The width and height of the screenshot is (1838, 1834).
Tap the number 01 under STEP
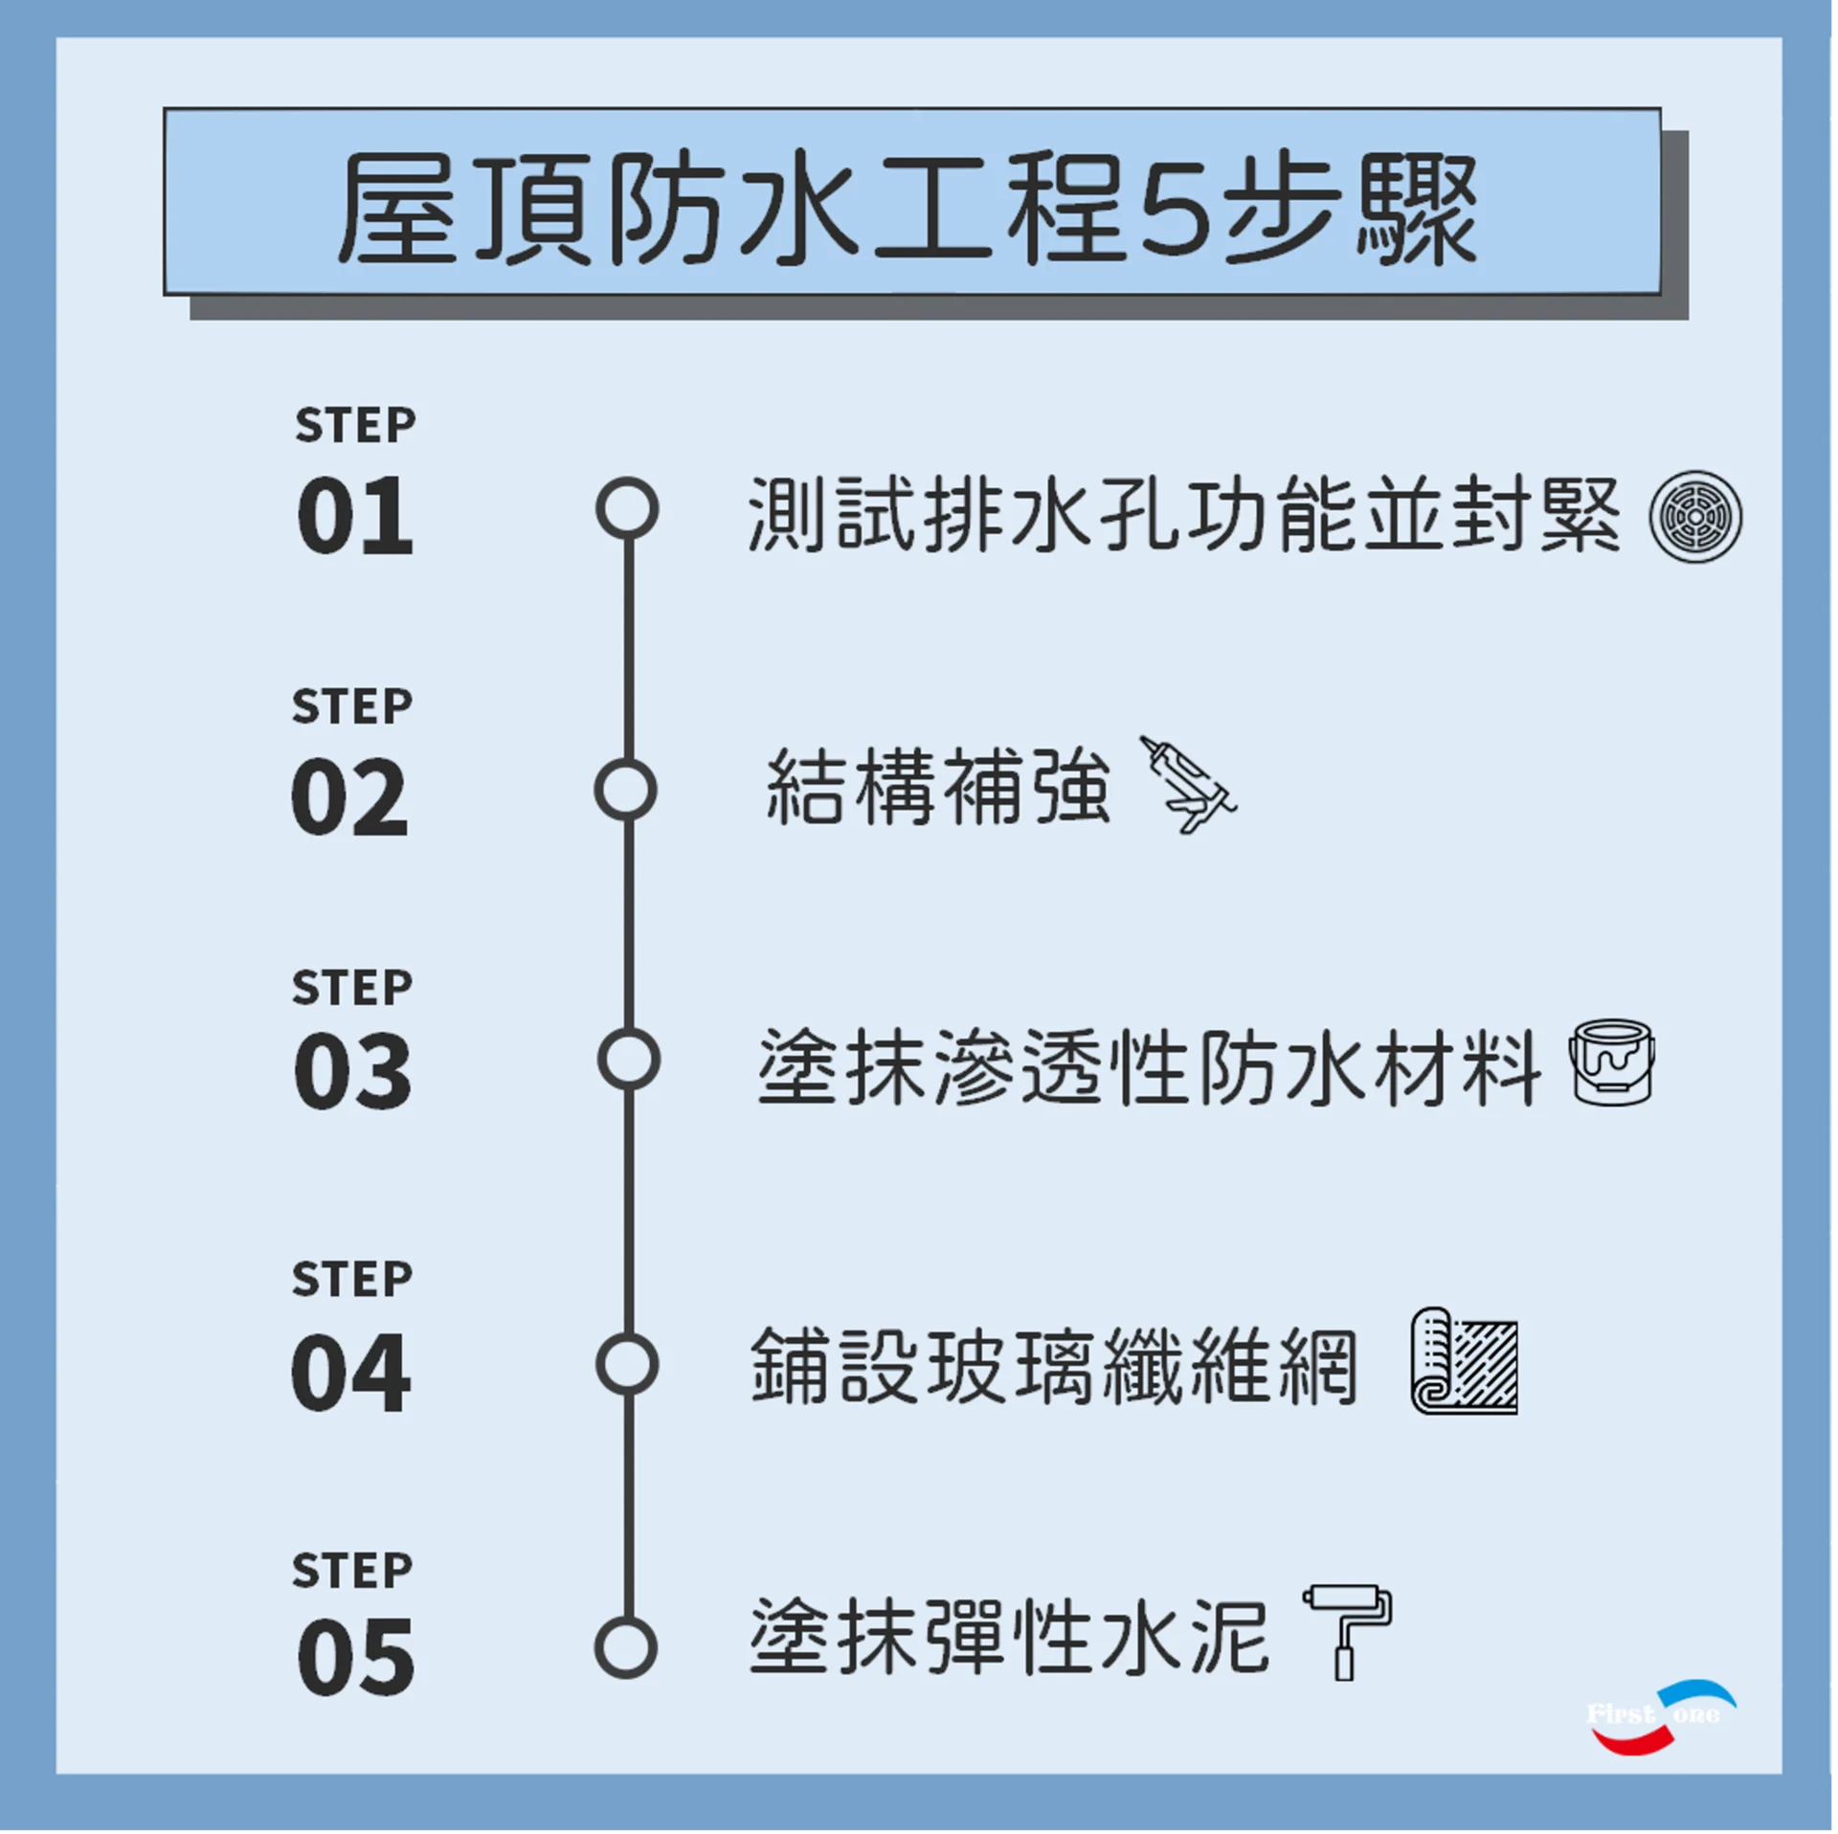coord(355,516)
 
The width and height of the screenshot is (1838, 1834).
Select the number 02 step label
coord(350,796)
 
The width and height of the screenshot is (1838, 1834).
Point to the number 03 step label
coord(353,1071)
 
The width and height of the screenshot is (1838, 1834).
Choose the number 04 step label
coord(351,1373)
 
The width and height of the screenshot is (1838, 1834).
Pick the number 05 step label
coord(356,1657)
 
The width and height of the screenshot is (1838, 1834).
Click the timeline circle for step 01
coord(627,508)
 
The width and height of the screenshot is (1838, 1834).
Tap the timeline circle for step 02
coord(625,791)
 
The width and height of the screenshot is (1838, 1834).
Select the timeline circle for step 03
coord(628,1060)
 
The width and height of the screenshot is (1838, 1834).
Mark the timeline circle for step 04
coord(627,1364)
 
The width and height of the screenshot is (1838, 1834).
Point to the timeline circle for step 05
coord(625,1647)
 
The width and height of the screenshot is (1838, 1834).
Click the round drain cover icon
coord(1695,517)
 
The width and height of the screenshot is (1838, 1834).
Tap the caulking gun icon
coord(1187,784)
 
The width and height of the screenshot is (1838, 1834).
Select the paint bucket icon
coord(1612,1062)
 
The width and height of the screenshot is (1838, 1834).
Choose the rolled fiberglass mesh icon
coord(1465,1360)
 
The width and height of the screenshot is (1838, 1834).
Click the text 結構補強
coord(938,787)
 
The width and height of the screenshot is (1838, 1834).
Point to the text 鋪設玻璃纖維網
coord(1054,1366)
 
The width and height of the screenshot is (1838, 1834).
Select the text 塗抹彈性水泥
coord(1009,1636)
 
